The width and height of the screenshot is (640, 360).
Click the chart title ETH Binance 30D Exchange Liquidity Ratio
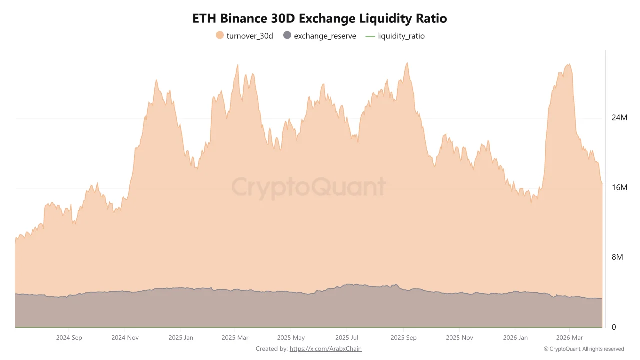[x=320, y=18]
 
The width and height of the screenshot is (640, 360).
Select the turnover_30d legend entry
[x=244, y=36]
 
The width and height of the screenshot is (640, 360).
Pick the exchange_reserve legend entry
[x=320, y=36]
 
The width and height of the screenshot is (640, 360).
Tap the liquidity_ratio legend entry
[x=395, y=36]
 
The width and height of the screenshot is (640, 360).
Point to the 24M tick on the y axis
[x=619, y=118]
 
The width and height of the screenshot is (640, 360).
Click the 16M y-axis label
[x=619, y=188]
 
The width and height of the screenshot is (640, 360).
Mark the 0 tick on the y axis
[x=614, y=327]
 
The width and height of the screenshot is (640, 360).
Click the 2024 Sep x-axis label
[x=69, y=338]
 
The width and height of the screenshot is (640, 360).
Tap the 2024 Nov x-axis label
[x=125, y=338]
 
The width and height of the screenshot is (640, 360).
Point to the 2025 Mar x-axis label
[x=235, y=338]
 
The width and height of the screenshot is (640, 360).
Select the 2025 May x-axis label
[x=291, y=338]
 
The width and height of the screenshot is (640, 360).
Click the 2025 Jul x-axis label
[x=347, y=338]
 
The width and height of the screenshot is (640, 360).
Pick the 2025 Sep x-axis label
[x=403, y=338]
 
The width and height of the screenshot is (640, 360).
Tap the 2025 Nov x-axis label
[x=459, y=338]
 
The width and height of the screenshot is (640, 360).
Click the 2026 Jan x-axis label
[x=515, y=338]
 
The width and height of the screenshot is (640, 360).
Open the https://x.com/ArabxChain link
[x=325, y=349]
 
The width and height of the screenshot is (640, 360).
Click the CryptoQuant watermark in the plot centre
[x=308, y=187]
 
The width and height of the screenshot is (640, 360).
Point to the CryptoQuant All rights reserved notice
[x=583, y=349]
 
